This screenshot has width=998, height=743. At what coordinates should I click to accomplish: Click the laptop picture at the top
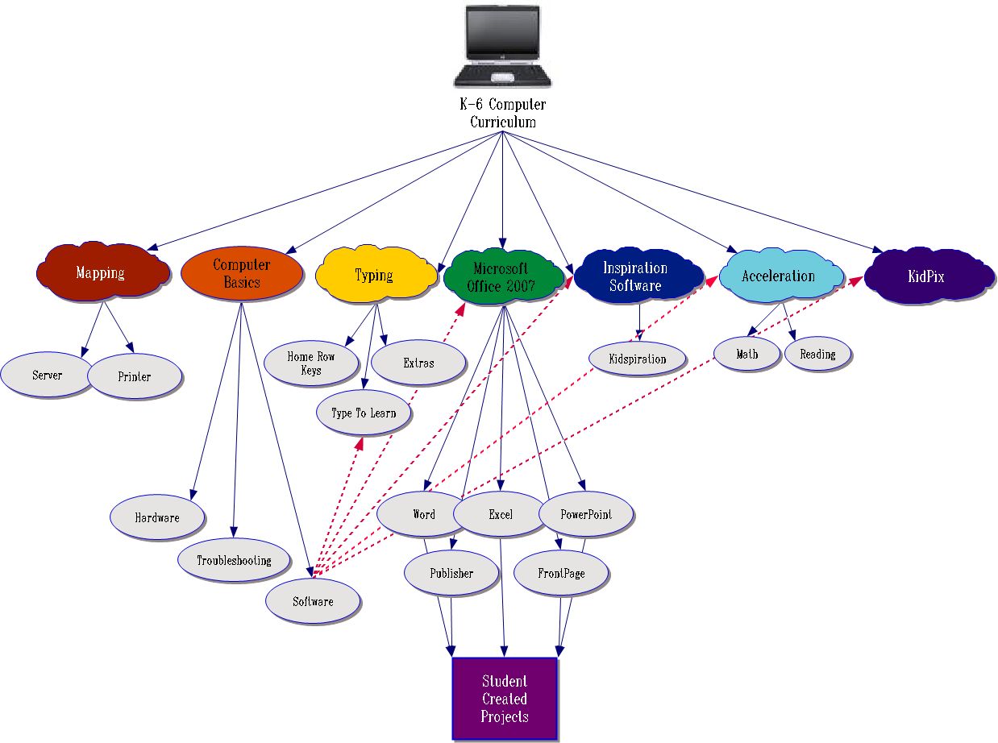(x=502, y=46)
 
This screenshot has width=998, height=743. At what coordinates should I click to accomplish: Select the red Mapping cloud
(x=102, y=272)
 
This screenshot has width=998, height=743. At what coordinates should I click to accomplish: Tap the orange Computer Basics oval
(x=242, y=273)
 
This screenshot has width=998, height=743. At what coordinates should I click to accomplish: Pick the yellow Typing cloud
(x=373, y=275)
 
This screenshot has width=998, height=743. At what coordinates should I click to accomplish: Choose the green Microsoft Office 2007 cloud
(x=501, y=276)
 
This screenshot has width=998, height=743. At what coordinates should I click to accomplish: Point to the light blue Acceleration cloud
(x=779, y=276)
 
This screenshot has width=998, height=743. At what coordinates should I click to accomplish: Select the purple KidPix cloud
(x=926, y=276)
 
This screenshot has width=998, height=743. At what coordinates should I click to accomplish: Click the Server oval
(x=47, y=376)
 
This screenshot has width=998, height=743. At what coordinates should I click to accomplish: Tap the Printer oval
(x=134, y=376)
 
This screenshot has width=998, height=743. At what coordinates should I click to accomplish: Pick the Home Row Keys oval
(x=310, y=363)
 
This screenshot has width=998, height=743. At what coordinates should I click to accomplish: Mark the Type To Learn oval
(x=364, y=413)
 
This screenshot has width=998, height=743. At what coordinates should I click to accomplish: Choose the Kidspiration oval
(x=638, y=359)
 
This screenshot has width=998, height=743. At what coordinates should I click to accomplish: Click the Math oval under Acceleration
(x=747, y=354)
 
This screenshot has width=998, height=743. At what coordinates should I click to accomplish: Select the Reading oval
(x=817, y=354)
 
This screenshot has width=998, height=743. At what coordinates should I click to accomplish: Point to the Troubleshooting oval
(x=234, y=560)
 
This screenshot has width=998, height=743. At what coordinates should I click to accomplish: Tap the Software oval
(x=313, y=601)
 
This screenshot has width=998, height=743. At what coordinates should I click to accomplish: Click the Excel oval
(x=501, y=514)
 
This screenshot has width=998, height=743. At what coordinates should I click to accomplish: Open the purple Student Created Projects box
(x=505, y=699)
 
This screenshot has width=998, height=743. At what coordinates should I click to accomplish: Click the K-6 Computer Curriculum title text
(x=503, y=114)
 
